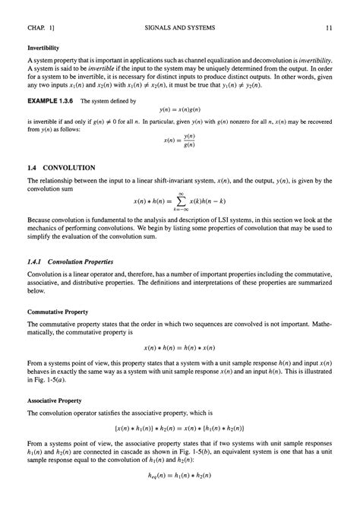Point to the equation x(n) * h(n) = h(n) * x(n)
pos(180,347)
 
